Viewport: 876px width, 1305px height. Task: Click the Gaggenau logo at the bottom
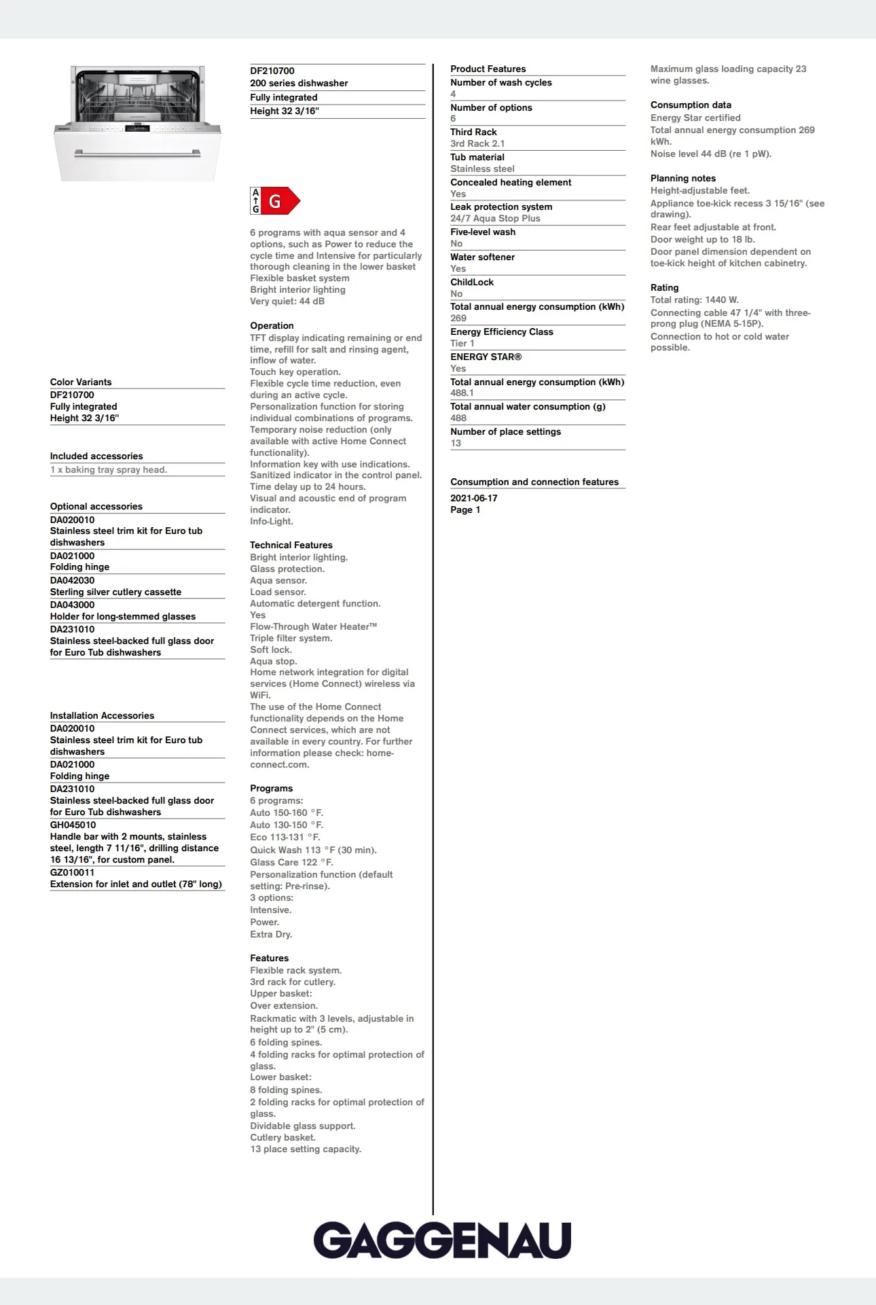pyautogui.click(x=442, y=1240)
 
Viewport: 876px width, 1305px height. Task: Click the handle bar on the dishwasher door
pyautogui.click(x=138, y=154)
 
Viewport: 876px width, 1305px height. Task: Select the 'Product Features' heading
pyautogui.click(x=488, y=69)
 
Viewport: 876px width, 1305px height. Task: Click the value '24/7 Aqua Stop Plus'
pyautogui.click(x=495, y=218)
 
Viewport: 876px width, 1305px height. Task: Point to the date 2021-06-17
pyautogui.click(x=473, y=498)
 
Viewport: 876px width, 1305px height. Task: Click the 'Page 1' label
pyautogui.click(x=465, y=510)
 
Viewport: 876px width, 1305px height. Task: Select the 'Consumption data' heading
pyautogui.click(x=691, y=105)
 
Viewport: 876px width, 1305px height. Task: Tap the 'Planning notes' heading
pyautogui.click(x=682, y=178)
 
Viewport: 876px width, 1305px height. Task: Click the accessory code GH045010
pyautogui.click(x=73, y=825)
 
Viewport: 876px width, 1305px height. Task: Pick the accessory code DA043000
pyautogui.click(x=72, y=605)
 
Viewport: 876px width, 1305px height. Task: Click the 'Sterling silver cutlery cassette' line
pyautogui.click(x=115, y=592)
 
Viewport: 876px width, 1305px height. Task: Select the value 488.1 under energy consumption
pyautogui.click(x=462, y=393)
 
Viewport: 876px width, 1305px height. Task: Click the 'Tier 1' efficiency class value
pyautogui.click(x=462, y=343)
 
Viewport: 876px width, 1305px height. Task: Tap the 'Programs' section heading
pyautogui.click(x=271, y=788)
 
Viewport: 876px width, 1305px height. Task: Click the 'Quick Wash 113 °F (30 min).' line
pyautogui.click(x=313, y=850)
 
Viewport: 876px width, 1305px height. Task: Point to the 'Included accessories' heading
pyautogui.click(x=96, y=456)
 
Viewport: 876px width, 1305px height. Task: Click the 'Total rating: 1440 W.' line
pyautogui.click(x=694, y=300)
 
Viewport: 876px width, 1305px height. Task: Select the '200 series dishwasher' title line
pyautogui.click(x=299, y=83)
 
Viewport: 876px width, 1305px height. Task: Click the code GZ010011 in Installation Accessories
pyautogui.click(x=72, y=872)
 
